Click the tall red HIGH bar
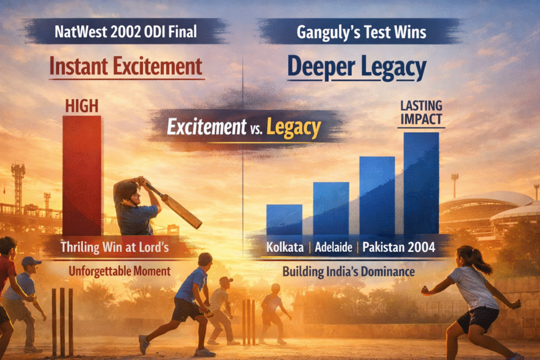82,175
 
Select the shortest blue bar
284,220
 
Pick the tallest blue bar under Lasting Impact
421,183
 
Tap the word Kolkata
285,247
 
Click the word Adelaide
333,247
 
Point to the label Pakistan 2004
399,247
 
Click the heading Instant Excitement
126,66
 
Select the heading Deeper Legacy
357,68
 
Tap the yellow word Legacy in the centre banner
293,128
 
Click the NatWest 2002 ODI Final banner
126,32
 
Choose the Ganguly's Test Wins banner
361,32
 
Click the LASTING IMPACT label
421,112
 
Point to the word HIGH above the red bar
82,106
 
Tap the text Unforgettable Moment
120,271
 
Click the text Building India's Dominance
349,271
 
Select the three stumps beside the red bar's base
62,322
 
